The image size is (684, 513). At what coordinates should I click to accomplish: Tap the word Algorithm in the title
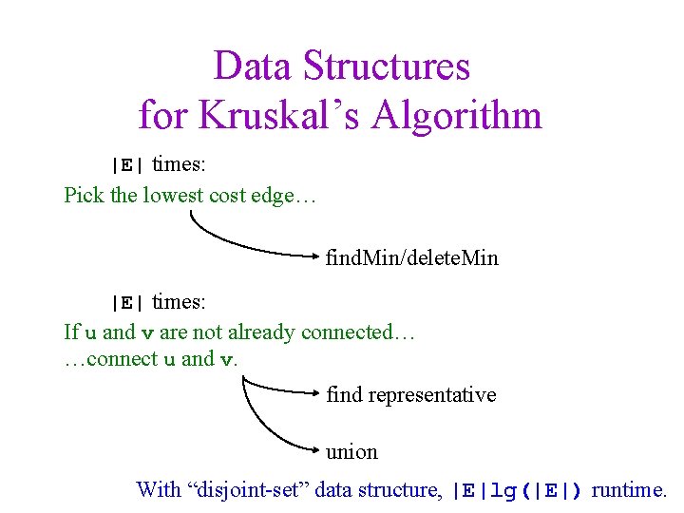457,116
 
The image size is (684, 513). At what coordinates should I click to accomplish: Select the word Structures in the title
386,66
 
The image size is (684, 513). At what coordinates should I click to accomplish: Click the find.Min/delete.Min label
411,257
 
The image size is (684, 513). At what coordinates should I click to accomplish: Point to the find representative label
410,394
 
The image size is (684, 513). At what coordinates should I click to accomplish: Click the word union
351,451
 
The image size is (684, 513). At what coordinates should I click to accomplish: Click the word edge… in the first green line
291,196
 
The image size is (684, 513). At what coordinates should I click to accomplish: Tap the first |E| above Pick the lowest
125,165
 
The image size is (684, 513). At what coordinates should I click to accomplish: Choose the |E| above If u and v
125,304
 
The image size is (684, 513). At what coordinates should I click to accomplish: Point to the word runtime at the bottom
629,490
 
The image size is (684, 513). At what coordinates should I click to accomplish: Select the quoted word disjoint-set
250,490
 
